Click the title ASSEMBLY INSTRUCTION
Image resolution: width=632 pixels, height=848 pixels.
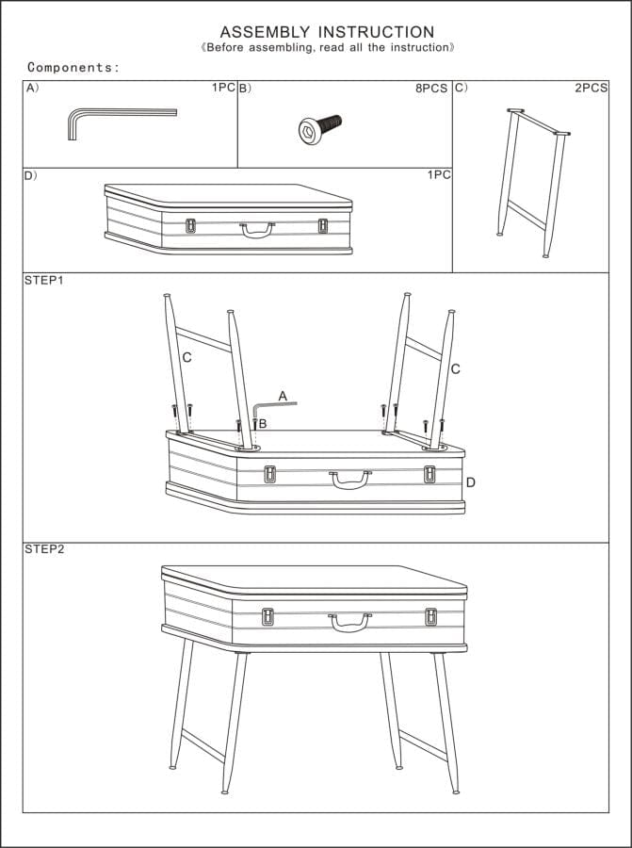(x=327, y=32)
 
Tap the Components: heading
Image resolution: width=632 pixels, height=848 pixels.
(x=73, y=67)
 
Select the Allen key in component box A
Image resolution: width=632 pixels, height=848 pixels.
(x=113, y=117)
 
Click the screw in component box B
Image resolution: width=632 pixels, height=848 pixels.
(x=318, y=128)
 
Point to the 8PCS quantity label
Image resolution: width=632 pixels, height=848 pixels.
(x=431, y=88)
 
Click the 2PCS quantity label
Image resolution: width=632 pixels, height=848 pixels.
(x=591, y=88)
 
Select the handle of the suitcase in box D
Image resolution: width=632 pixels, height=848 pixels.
(x=256, y=229)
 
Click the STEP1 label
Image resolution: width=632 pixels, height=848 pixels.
(x=43, y=281)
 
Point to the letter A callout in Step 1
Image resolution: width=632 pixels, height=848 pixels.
(x=282, y=397)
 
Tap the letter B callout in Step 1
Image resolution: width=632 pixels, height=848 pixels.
(x=263, y=424)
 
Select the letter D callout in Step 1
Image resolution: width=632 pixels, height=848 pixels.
(x=470, y=482)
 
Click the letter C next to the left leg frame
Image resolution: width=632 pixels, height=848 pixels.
(x=186, y=357)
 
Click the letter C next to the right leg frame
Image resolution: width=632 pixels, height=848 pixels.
(x=455, y=368)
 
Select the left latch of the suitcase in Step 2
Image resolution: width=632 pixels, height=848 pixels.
(x=267, y=616)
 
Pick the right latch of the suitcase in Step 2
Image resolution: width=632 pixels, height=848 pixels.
(x=430, y=616)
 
